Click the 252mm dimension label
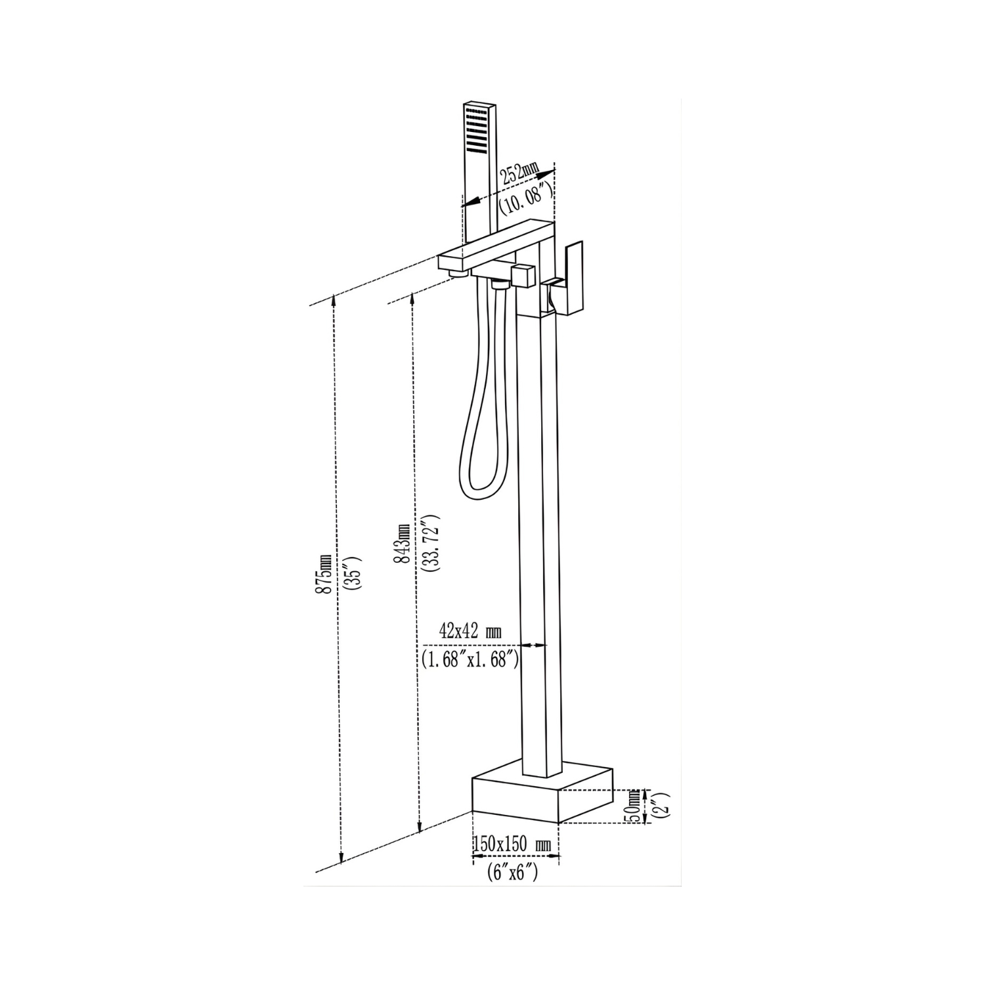pyautogui.click(x=519, y=174)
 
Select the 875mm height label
pyautogui.click(x=324, y=574)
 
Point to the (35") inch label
pyautogui.click(x=353, y=573)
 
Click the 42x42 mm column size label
pyautogui.click(x=470, y=632)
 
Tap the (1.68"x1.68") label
pyautogui.click(x=470, y=659)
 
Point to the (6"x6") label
pyautogui.click(x=513, y=873)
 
